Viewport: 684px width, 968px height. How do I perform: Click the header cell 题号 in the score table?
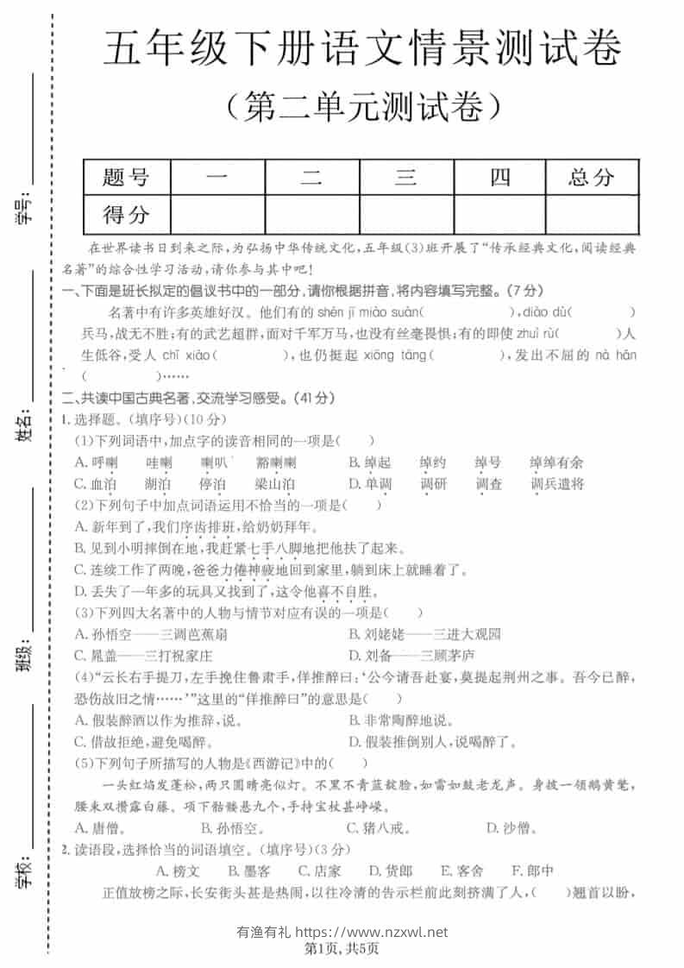tap(126, 178)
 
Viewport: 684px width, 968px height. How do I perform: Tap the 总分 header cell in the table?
tap(591, 178)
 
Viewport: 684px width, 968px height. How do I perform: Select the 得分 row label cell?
tap(126, 214)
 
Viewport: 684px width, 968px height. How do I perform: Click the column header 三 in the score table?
tap(405, 178)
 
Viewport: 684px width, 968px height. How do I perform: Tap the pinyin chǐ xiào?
tap(175, 355)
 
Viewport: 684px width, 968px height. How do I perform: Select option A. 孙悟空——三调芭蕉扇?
tap(151, 634)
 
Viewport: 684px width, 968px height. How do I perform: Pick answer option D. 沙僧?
tap(511, 829)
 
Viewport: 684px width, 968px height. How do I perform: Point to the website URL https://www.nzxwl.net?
tap(372, 932)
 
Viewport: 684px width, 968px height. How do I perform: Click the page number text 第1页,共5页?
tap(342, 949)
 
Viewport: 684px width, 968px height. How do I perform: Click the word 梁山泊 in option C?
tap(274, 484)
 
